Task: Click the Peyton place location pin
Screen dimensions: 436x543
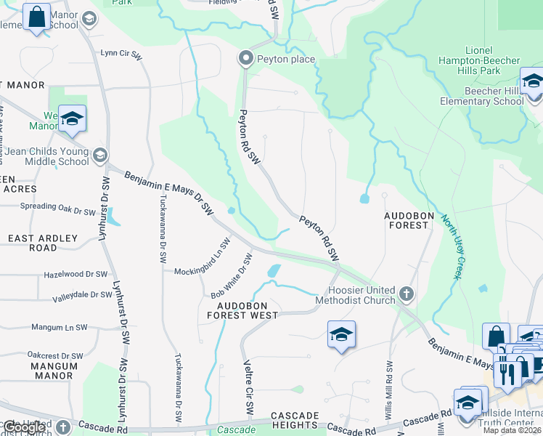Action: click(x=246, y=58)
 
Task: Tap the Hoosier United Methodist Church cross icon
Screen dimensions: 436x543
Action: click(x=407, y=294)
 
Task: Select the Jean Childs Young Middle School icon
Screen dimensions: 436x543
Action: click(x=100, y=155)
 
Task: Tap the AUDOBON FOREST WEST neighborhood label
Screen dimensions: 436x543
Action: click(x=242, y=310)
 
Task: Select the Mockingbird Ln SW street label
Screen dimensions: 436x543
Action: click(x=202, y=262)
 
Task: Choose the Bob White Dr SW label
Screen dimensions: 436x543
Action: click(x=232, y=277)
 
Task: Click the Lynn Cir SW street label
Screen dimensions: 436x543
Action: click(x=121, y=53)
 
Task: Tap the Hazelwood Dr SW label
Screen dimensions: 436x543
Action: click(x=75, y=275)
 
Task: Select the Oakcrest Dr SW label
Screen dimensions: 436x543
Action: click(x=55, y=356)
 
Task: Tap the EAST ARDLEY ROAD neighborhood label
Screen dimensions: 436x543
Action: click(x=43, y=243)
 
